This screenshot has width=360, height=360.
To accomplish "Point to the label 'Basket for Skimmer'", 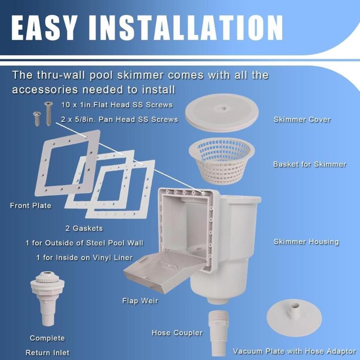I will tap(310, 164).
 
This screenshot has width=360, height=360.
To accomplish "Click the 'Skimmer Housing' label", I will tap(306, 242).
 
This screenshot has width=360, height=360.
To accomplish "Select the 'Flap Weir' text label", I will tap(140, 300).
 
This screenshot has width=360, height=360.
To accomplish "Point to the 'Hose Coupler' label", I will tap(177, 333).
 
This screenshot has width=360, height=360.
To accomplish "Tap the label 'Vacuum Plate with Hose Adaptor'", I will tap(294, 351).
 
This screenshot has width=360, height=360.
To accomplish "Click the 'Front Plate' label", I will tap(31, 206).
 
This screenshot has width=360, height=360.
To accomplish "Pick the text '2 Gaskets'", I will tap(83, 228).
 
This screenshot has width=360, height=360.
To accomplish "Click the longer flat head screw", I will tap(48, 112).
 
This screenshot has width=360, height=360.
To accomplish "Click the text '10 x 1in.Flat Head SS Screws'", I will tap(117, 105).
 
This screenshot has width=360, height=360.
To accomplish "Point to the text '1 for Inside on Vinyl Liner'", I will tap(85, 257).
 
